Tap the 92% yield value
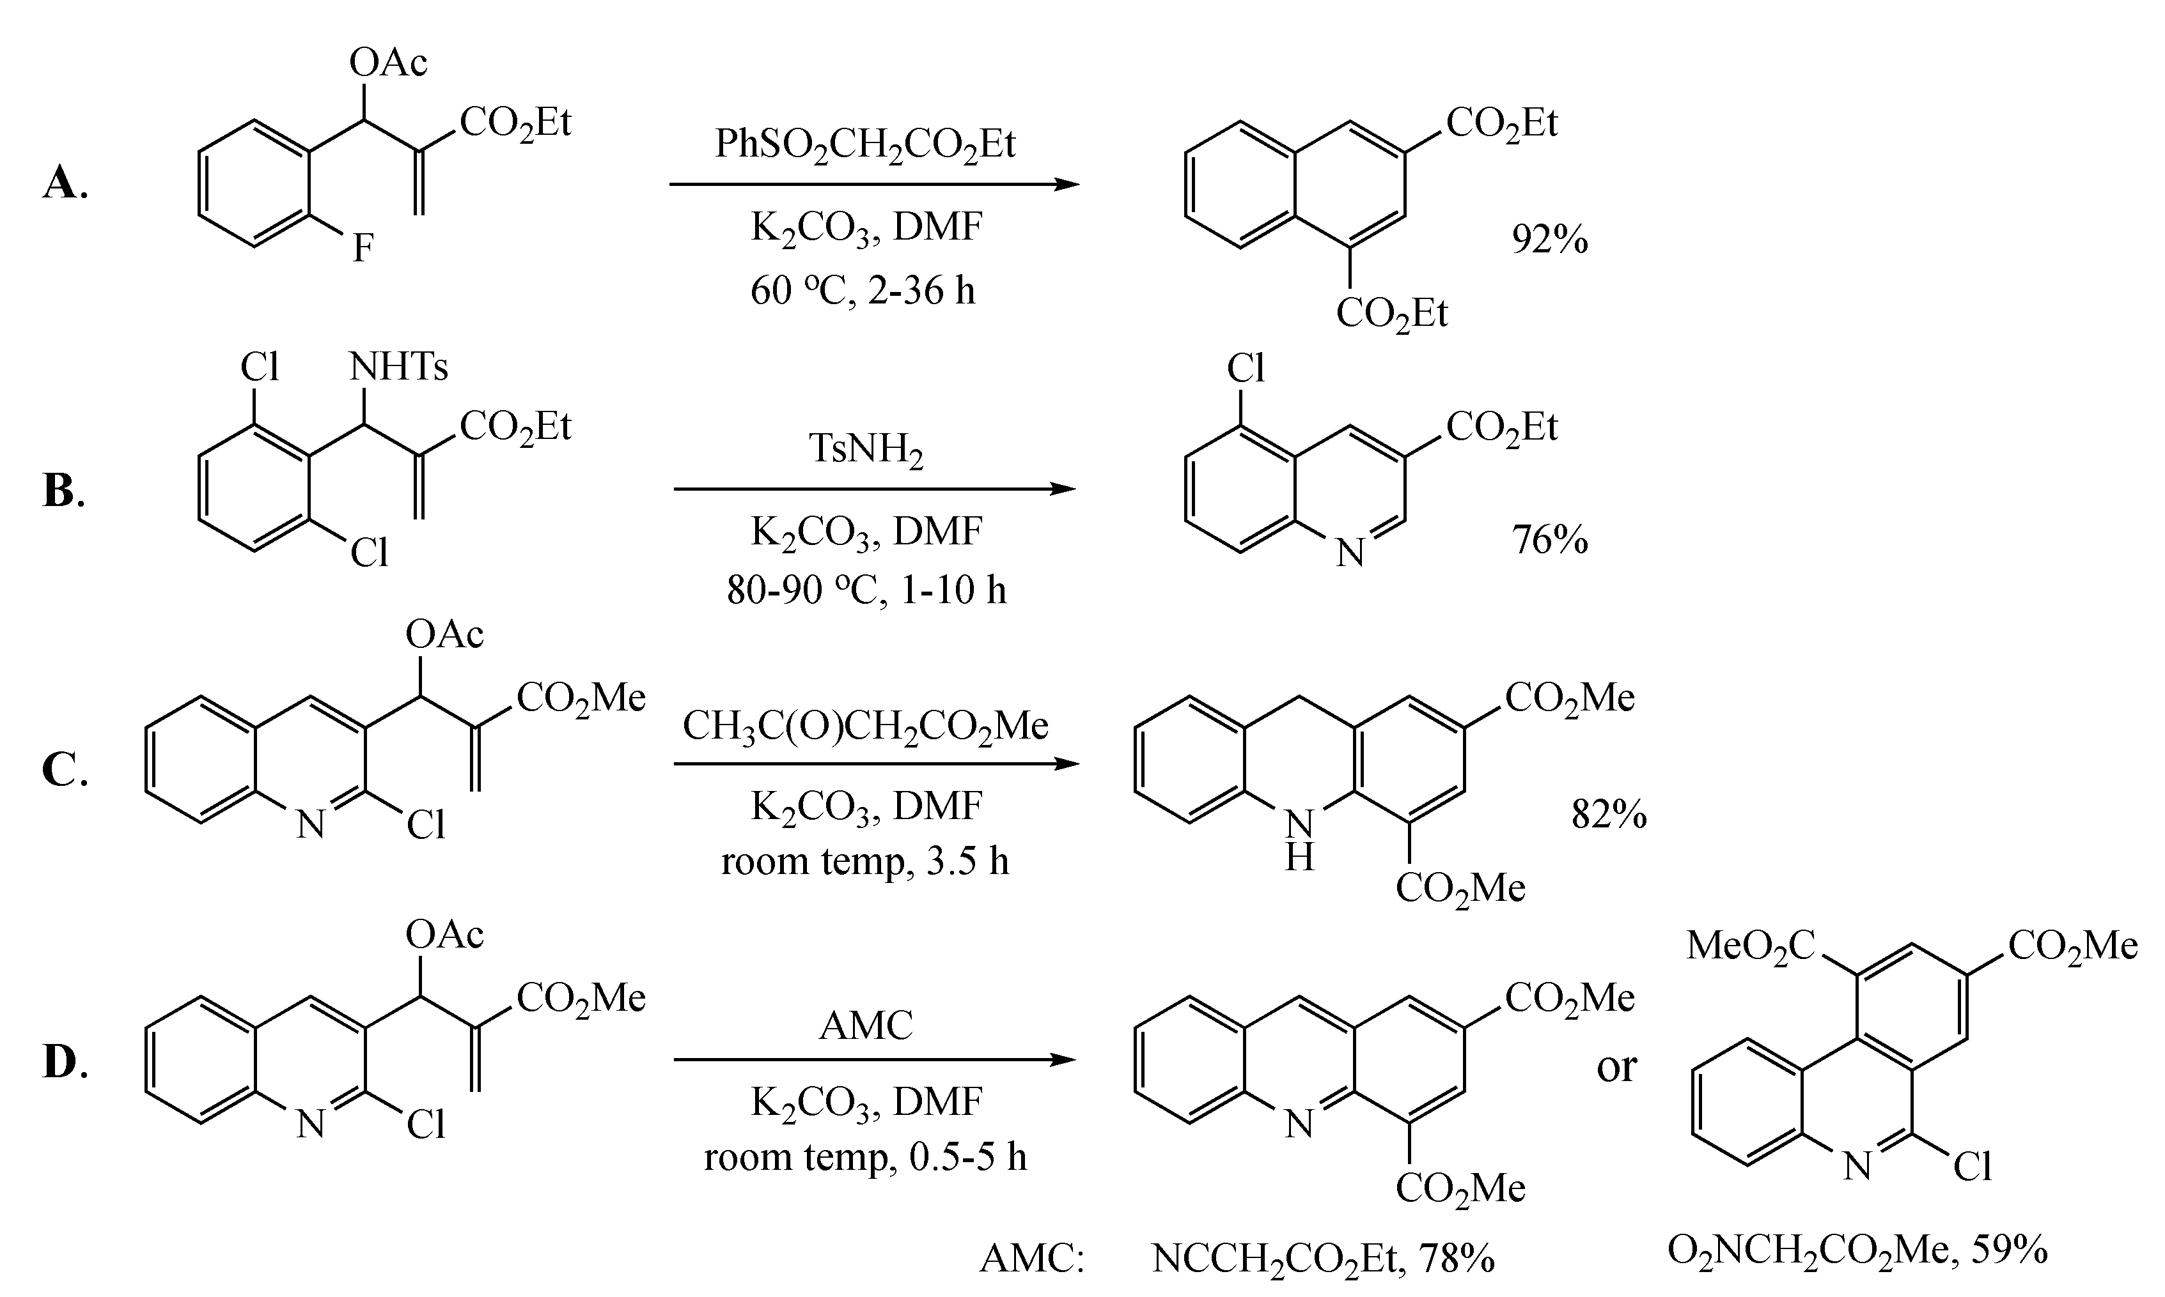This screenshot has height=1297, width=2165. (x=1549, y=240)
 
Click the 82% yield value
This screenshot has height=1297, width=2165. (x=1609, y=815)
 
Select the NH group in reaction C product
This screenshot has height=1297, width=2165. (x=1299, y=839)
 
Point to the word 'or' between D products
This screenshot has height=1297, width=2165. (x=1616, y=1066)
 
